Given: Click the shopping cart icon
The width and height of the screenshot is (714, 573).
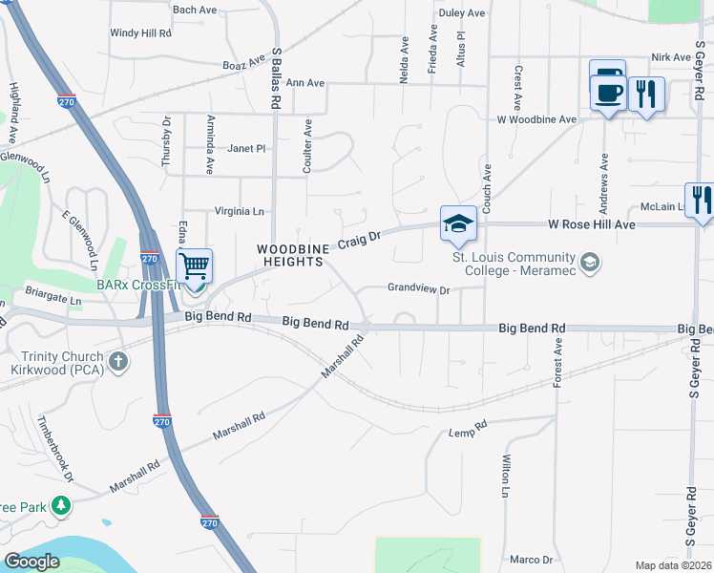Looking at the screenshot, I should [x=194, y=265].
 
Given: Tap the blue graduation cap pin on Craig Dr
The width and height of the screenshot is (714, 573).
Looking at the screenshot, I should [x=458, y=224].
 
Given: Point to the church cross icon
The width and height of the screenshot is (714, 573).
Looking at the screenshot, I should [x=117, y=361].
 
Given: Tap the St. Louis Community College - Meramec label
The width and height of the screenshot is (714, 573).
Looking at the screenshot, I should [x=514, y=264].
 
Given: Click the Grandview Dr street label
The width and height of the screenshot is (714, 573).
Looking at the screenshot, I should [x=418, y=288].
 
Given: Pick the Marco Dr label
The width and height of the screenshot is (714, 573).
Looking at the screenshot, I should [x=531, y=560].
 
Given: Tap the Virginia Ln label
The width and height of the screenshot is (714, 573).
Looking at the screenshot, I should [x=239, y=212].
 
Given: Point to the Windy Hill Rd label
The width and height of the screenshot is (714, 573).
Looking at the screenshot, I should [x=140, y=32].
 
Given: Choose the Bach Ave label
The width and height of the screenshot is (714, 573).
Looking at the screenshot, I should [x=195, y=10].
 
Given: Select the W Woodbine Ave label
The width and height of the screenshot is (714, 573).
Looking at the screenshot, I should [x=536, y=120].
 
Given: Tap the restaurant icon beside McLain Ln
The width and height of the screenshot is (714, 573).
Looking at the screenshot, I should [x=701, y=200].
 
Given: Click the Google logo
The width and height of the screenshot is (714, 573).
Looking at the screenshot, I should [x=31, y=562].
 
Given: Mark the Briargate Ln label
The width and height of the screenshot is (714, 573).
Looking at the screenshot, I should [x=54, y=299].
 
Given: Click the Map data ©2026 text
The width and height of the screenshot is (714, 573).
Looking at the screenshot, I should [x=673, y=565].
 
